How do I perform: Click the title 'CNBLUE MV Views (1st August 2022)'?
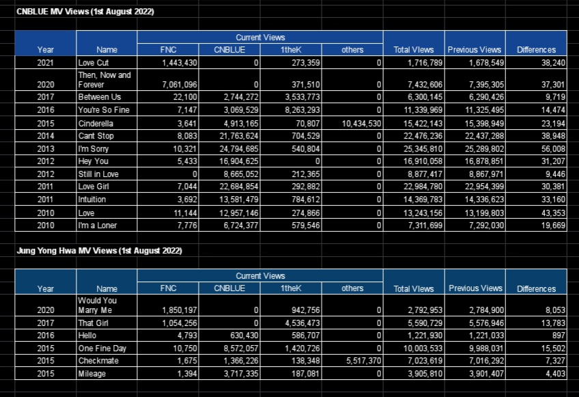[x=85, y=12]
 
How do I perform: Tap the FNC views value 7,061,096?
[x=180, y=85]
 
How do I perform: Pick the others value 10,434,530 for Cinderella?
[x=361, y=124]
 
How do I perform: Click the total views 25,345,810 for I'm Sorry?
[x=423, y=149]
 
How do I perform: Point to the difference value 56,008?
[x=553, y=149]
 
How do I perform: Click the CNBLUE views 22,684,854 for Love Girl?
[x=239, y=187]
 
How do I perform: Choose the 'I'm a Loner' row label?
[x=98, y=225]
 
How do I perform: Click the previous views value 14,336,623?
[x=484, y=200]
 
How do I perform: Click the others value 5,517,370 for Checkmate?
[x=363, y=361]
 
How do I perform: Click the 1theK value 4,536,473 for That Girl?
[x=302, y=323]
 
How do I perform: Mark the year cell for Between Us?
[x=46, y=97]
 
